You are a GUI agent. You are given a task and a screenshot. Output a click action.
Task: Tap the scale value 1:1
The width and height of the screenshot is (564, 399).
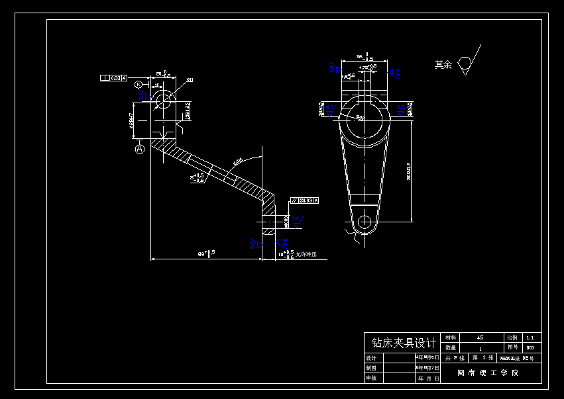click(530, 337)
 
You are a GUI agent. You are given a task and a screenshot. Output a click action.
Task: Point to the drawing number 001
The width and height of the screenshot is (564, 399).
click(530, 347)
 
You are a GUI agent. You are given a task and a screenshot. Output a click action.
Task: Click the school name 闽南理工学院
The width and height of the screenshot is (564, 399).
click(488, 373)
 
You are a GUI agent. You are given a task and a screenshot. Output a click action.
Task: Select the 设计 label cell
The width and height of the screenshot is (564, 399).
click(371, 358)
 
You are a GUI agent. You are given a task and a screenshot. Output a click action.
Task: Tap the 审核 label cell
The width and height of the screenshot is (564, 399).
click(371, 378)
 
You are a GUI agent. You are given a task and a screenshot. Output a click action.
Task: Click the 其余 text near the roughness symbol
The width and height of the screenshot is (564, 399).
click(443, 65)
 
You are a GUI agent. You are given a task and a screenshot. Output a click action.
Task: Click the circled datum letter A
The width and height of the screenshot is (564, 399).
click(140, 150)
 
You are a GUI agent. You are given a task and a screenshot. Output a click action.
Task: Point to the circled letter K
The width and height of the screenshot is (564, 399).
click(139, 85)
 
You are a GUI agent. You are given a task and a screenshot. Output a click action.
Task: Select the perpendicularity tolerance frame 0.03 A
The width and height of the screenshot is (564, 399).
click(113, 78)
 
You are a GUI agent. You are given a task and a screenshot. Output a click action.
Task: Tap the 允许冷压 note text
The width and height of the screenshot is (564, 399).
click(306, 254)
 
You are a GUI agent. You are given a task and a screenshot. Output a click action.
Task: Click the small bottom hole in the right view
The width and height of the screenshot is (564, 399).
click(363, 222)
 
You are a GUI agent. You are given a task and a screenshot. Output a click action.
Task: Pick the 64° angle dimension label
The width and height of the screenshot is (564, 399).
click(237, 161)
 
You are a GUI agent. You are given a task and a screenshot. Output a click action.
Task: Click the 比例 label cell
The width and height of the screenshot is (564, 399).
click(513, 337)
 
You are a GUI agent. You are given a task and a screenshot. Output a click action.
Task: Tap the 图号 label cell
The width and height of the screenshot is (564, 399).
click(513, 347)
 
